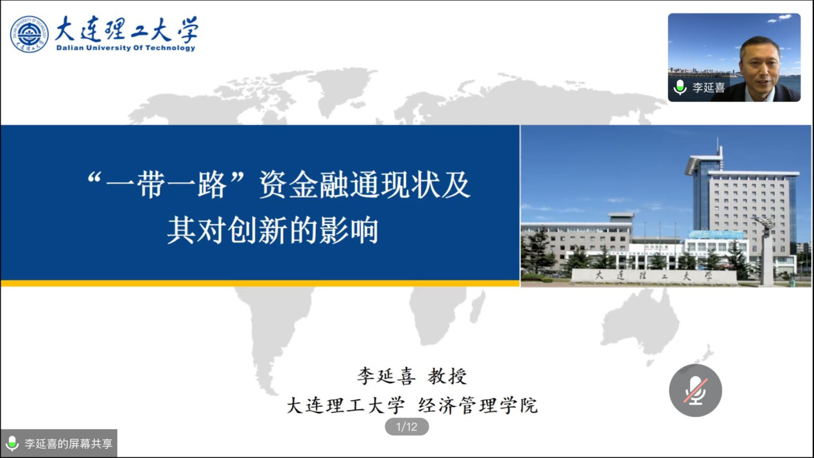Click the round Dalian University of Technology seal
click(x=29, y=34)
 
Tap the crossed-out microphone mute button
click(x=695, y=390)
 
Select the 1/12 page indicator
click(x=406, y=427)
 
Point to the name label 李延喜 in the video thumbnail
click(x=708, y=87)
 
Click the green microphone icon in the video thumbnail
click(x=680, y=87)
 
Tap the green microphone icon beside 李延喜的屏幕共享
click(x=12, y=443)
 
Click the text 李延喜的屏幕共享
click(x=68, y=443)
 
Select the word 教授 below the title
click(x=447, y=376)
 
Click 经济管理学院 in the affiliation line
click(x=478, y=405)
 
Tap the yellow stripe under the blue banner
click(x=260, y=284)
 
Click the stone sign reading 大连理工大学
click(x=654, y=276)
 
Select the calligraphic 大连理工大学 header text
click(x=127, y=29)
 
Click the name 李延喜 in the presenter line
click(x=386, y=376)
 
